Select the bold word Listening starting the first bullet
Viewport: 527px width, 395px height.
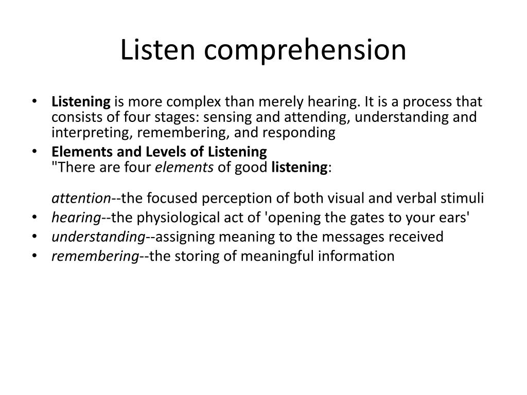[81, 102]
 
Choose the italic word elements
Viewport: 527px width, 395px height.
[184, 167]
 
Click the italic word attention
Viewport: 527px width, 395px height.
[81, 199]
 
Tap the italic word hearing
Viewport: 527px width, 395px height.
[76, 218]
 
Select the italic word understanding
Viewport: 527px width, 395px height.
[98, 237]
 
